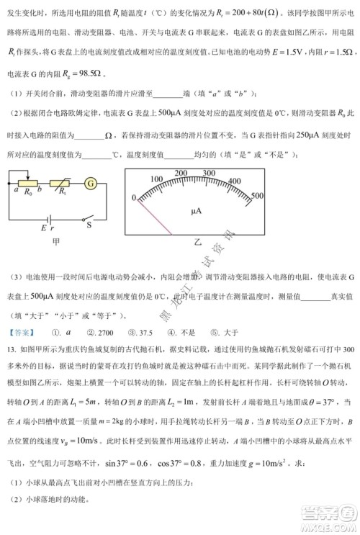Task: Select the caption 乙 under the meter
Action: pos(199,244)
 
